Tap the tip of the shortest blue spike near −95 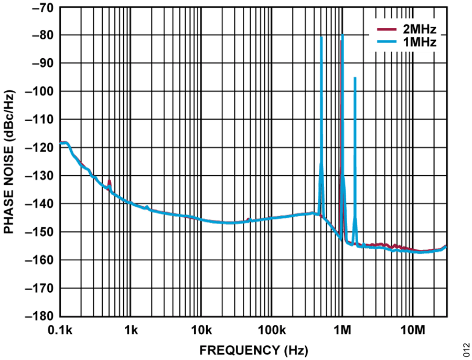coord(355,77)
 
